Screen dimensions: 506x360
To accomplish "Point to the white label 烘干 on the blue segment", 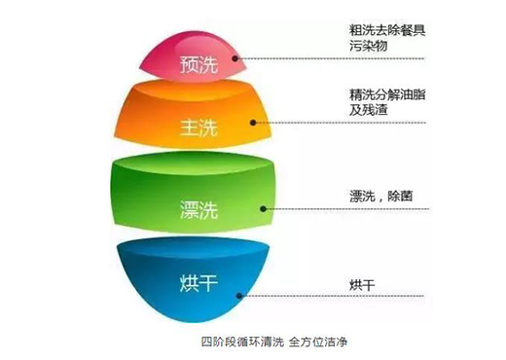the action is [x=196, y=283].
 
